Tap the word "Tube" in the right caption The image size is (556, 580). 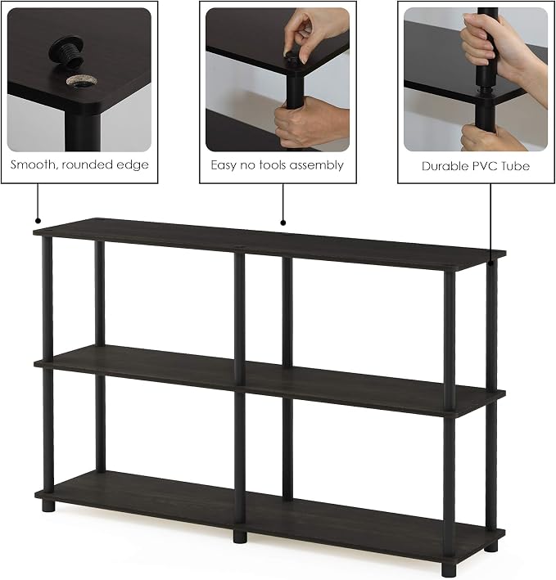(515, 166)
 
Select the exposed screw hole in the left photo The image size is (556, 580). (80, 81)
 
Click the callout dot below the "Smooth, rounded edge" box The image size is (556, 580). (38, 221)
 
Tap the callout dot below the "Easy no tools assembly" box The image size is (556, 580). (283, 223)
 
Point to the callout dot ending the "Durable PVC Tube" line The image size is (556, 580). (490, 263)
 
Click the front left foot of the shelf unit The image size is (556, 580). (48, 505)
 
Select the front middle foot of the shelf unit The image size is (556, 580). (240, 537)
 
